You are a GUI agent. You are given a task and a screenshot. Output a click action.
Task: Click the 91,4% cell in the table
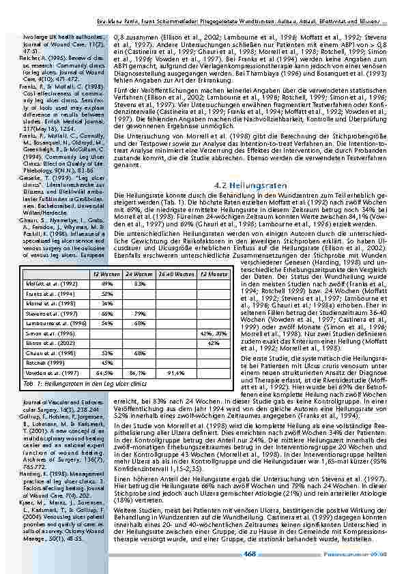[175, 373]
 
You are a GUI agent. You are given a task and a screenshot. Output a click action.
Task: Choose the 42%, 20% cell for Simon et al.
[212, 333]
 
